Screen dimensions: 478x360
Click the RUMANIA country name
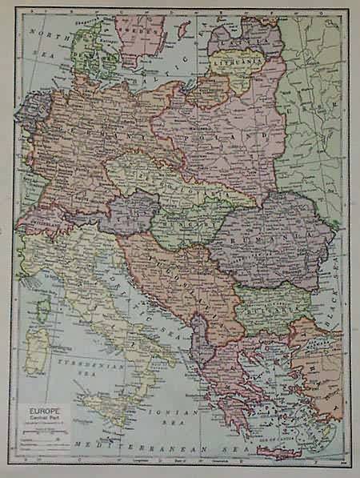(x=264, y=236)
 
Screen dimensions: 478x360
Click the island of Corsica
(x=43, y=308)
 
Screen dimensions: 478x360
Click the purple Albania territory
(x=200, y=340)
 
